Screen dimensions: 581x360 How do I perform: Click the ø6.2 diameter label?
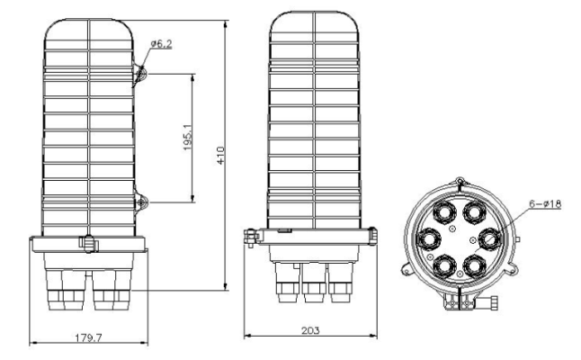click(162, 44)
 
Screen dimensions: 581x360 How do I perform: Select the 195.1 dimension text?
click(188, 137)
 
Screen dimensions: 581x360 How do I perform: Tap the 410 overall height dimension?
click(221, 156)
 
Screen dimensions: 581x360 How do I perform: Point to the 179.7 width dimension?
click(88, 337)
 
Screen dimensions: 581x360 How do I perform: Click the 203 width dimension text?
click(310, 330)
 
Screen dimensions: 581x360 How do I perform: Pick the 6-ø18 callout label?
click(545, 203)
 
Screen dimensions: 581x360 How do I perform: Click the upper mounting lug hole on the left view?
click(141, 74)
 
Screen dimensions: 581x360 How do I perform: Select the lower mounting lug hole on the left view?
click(141, 202)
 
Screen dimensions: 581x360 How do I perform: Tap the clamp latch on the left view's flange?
click(89, 244)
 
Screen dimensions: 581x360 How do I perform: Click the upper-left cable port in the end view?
click(444, 212)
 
